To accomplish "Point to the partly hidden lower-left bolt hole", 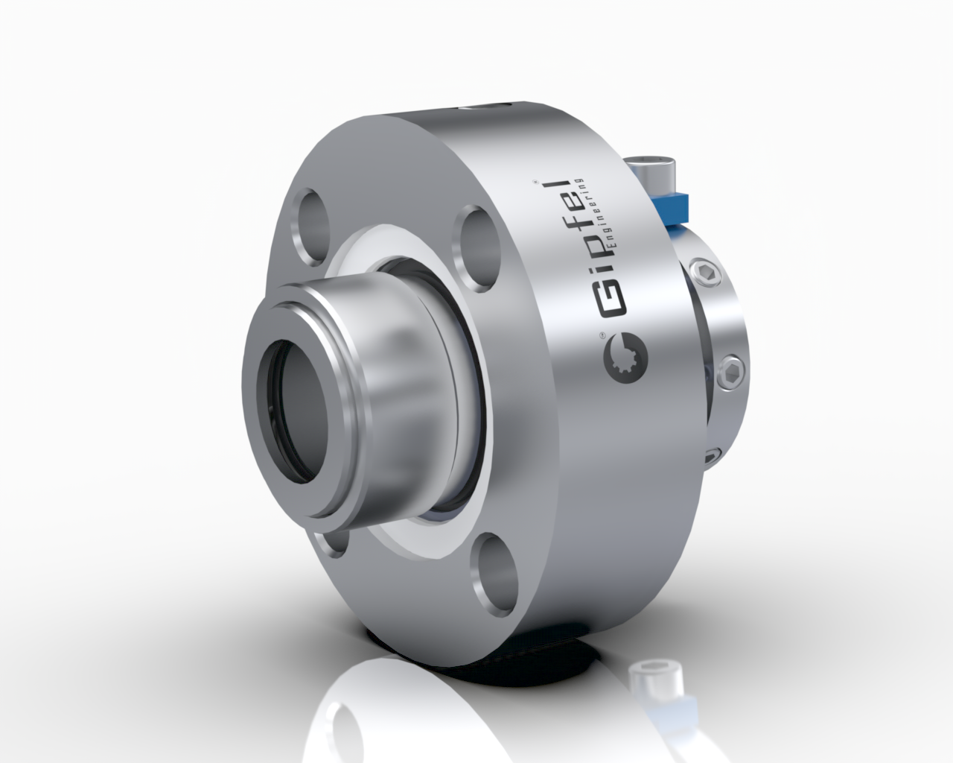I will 333,541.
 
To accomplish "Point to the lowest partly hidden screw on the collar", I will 713,455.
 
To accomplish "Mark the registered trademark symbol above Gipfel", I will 538,181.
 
